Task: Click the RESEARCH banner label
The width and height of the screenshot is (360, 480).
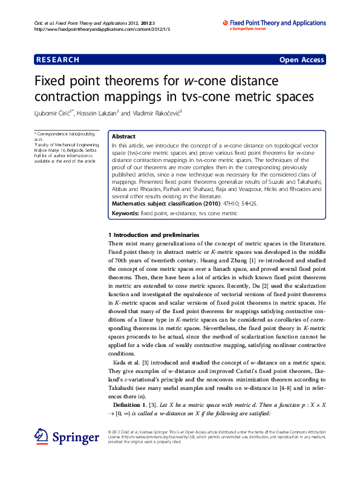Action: click(x=57, y=60)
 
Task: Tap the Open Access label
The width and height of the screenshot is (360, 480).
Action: click(x=301, y=60)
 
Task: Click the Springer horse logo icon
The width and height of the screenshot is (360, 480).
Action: click(x=42, y=436)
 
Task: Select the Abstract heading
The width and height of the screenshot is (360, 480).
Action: click(x=123, y=137)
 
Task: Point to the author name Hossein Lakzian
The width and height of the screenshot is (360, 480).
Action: click(x=98, y=113)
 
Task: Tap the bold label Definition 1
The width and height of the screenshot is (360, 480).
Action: click(x=131, y=404)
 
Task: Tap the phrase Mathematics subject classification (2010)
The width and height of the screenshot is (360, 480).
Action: click(x=165, y=204)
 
